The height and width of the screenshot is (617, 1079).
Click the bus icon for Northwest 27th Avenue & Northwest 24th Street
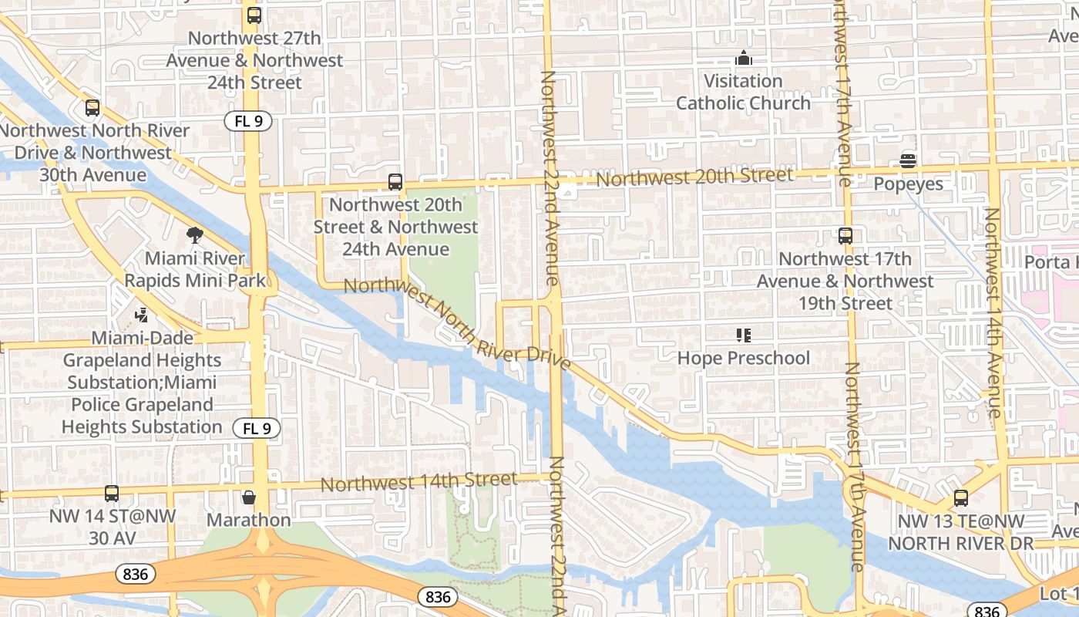pyautogui.click(x=254, y=15)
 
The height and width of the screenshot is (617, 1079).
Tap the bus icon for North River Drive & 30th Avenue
pyautogui.click(x=92, y=108)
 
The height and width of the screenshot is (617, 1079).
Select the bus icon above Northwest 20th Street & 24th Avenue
pyautogui.click(x=395, y=182)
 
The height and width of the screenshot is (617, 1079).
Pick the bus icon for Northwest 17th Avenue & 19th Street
pyautogui.click(x=845, y=236)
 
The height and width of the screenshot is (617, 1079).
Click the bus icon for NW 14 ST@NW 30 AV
pyautogui.click(x=112, y=494)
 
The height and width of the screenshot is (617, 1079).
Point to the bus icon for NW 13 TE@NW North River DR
pyautogui.click(x=960, y=498)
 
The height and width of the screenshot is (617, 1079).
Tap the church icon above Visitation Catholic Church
pyautogui.click(x=744, y=58)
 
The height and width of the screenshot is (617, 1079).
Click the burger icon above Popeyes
pyautogui.click(x=908, y=161)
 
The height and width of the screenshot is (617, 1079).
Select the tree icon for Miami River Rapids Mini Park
pyautogui.click(x=195, y=235)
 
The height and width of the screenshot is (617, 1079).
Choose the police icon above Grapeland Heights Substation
pyautogui.click(x=141, y=315)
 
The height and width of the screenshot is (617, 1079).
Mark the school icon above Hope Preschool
pyautogui.click(x=744, y=335)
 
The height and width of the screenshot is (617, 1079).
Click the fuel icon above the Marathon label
pyautogui.click(x=248, y=497)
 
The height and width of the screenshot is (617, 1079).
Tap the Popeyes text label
pyautogui.click(x=908, y=184)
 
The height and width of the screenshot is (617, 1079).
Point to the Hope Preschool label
pyautogui.click(x=744, y=358)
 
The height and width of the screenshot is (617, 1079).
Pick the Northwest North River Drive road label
pyautogui.click(x=457, y=323)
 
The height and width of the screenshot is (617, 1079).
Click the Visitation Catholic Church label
pyautogui.click(x=744, y=92)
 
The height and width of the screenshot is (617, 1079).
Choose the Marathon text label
pyautogui.click(x=248, y=520)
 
